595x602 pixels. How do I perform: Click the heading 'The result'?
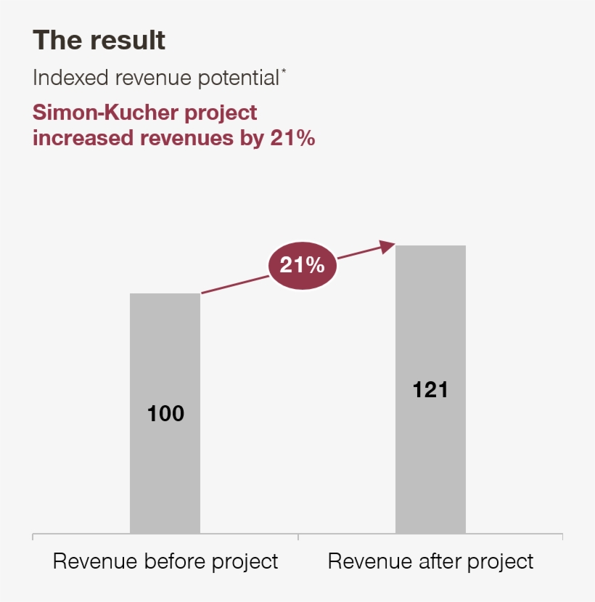[99, 40]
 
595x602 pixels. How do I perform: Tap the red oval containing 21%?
[303, 266]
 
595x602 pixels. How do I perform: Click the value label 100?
[165, 414]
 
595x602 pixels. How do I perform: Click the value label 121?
[430, 390]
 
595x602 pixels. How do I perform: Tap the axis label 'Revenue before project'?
[165, 561]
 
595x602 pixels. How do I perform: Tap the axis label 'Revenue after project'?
[430, 561]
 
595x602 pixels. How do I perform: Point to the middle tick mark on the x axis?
[298, 537]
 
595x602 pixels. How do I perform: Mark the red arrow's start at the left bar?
[203, 293]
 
